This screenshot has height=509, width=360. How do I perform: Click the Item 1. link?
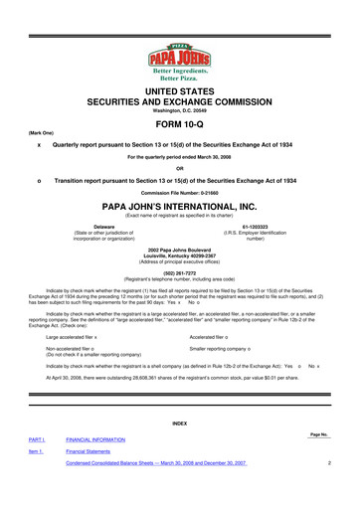[35, 478]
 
